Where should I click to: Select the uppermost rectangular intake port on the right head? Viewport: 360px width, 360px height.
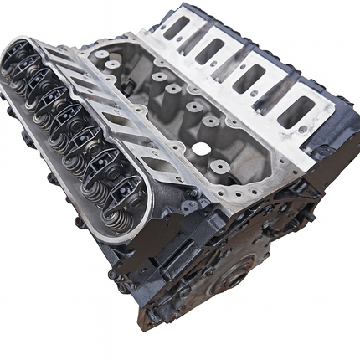[177, 28]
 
